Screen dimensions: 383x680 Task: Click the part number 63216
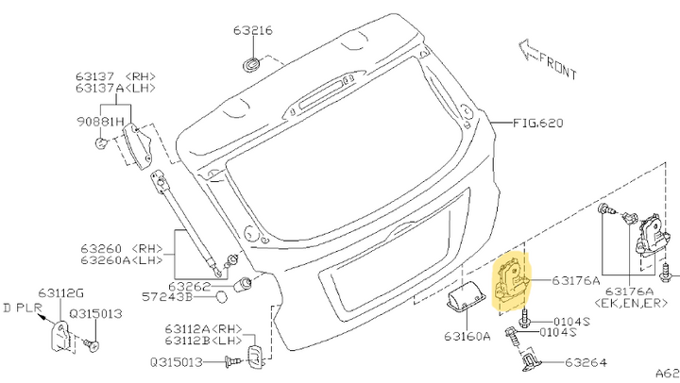(x=253, y=30)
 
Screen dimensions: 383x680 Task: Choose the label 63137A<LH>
(x=104, y=88)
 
